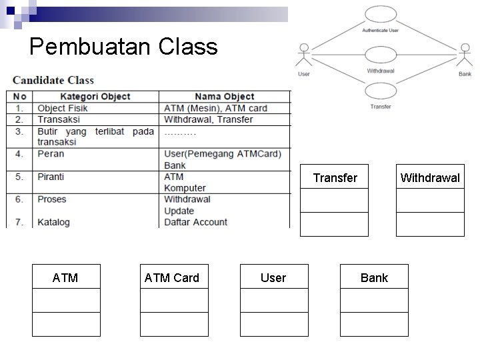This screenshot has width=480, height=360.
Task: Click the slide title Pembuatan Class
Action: [123, 47]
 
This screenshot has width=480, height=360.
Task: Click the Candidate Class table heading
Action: [53, 81]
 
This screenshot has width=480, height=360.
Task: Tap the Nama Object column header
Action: [225, 97]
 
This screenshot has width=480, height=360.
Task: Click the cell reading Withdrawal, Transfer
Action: [209, 119]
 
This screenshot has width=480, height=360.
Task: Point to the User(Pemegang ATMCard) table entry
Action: [223, 154]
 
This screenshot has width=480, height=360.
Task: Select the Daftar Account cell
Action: [195, 222]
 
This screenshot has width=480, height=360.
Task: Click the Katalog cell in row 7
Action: [53, 222]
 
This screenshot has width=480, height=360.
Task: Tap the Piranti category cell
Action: [51, 177]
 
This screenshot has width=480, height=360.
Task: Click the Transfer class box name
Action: [335, 177]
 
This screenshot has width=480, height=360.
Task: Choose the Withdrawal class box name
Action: [430, 177]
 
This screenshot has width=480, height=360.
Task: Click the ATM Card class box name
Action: [172, 277]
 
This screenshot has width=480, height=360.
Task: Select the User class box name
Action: [273, 277]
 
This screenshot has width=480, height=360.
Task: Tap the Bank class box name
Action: [374, 277]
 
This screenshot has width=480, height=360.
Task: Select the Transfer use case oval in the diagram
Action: [381, 92]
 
